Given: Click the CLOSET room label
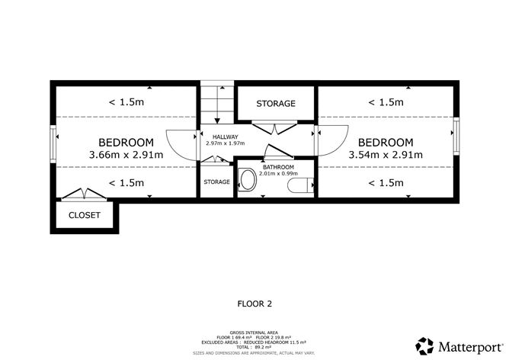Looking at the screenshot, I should click(85, 215).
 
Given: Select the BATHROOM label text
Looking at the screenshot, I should click(278, 166).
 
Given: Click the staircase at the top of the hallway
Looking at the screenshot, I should click(217, 104).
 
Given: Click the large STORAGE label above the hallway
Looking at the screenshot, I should click(275, 103).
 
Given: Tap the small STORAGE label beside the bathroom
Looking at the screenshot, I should click(216, 182).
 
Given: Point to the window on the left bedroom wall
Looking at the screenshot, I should click(53, 142).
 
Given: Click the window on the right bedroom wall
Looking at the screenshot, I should click(457, 135).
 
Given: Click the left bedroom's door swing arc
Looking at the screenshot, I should click(180, 143).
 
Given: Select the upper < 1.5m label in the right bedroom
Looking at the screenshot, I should click(385, 101).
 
